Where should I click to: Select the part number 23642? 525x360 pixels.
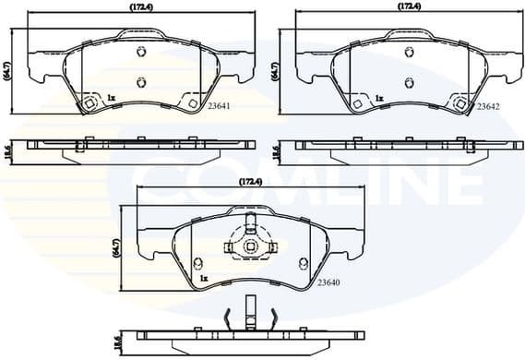[x=488, y=107]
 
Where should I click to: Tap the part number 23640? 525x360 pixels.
[x=329, y=283]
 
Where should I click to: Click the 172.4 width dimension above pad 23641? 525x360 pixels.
[x=140, y=7]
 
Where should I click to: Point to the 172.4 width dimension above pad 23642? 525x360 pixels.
[x=410, y=7]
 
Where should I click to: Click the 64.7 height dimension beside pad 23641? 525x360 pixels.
[x=7, y=70]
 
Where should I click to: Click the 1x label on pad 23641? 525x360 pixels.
[x=110, y=97]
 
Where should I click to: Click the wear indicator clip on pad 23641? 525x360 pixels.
[x=89, y=104]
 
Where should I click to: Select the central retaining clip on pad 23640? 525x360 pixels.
[x=249, y=246]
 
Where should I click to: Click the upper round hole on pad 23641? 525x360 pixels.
[x=140, y=52]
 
